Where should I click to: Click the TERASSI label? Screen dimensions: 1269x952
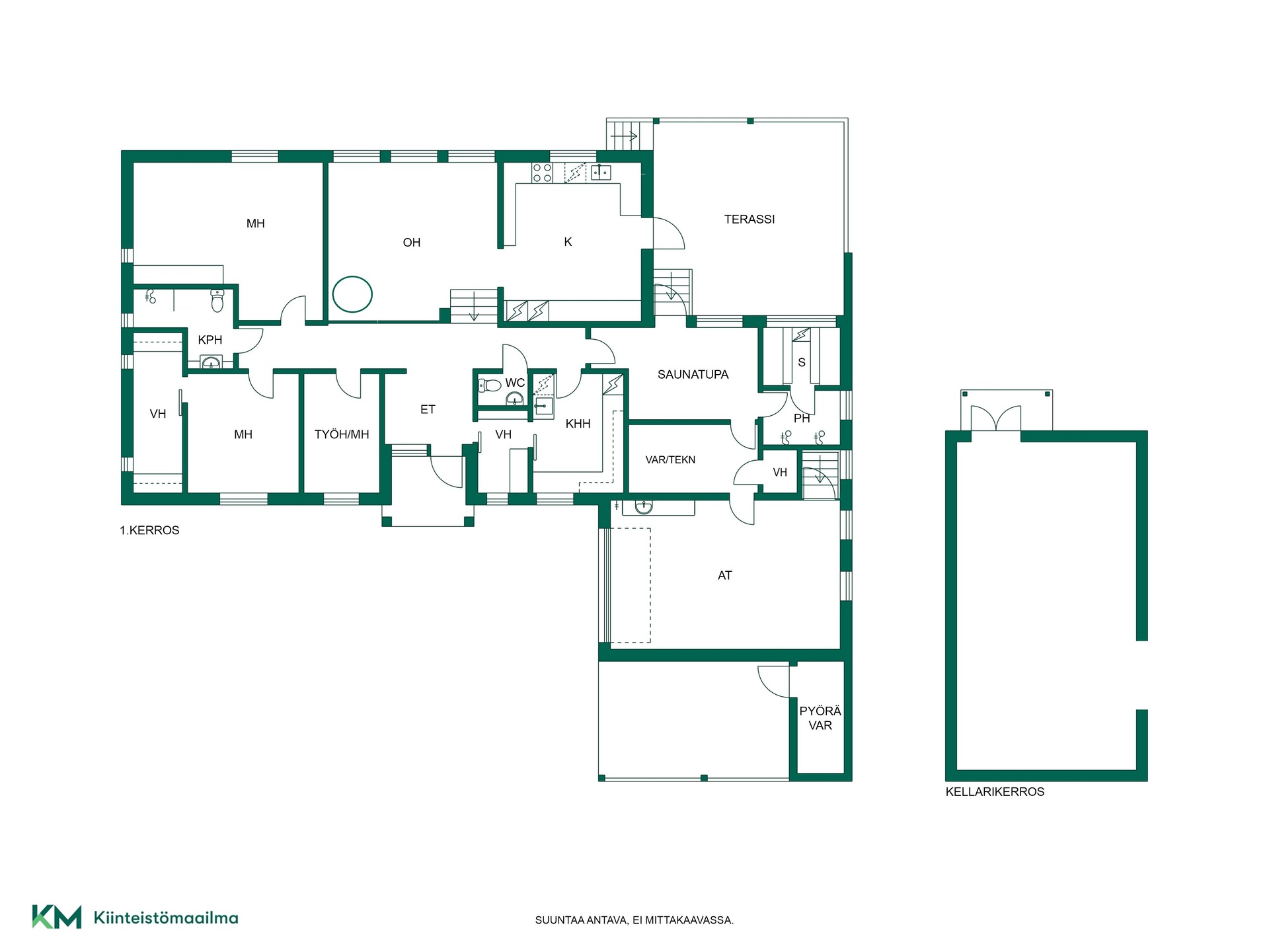pyautogui.click(x=750, y=219)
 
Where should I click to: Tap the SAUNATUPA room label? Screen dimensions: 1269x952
pyautogui.click(x=693, y=375)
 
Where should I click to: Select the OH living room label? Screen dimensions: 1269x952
pyautogui.click(x=412, y=243)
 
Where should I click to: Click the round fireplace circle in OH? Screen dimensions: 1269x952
pyautogui.click(x=352, y=294)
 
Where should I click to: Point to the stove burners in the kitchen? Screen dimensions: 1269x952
pyautogui.click(x=543, y=173)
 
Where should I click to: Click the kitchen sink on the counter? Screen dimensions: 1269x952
pyautogui.click(x=601, y=173)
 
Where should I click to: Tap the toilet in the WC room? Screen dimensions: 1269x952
pyautogui.click(x=490, y=385)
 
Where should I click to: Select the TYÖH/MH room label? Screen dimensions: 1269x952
pyautogui.click(x=342, y=435)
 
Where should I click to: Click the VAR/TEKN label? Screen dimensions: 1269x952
pyautogui.click(x=670, y=460)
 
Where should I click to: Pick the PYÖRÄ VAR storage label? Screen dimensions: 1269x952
pyautogui.click(x=820, y=719)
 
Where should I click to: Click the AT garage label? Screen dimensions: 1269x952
pyautogui.click(x=725, y=576)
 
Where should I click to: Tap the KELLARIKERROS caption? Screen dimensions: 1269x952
pyautogui.click(x=995, y=792)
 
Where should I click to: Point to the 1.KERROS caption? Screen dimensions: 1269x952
pyautogui.click(x=149, y=530)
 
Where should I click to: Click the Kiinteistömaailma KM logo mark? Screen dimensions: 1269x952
pyautogui.click(x=57, y=917)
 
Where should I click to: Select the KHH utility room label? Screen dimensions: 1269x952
pyautogui.click(x=578, y=424)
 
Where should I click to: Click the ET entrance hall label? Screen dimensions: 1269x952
pyautogui.click(x=428, y=410)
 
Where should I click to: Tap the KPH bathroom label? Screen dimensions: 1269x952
pyautogui.click(x=210, y=340)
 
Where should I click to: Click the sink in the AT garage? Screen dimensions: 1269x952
pyautogui.click(x=644, y=508)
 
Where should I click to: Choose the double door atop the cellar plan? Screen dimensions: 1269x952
pyautogui.click(x=995, y=418)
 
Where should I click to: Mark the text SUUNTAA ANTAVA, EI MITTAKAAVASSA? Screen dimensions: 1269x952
pyautogui.click(x=634, y=920)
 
